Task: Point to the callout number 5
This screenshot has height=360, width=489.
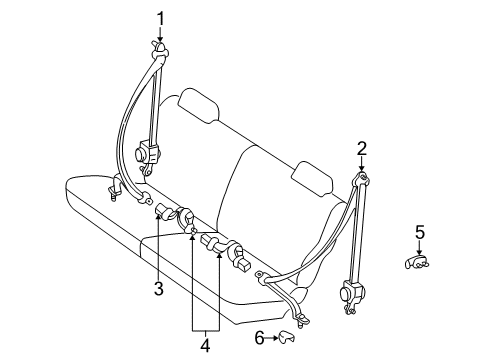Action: point(420,233)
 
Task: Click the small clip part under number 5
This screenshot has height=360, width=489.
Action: point(419,262)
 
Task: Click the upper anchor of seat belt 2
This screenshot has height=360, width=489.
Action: point(361,181)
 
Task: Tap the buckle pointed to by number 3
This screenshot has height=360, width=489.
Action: point(164,210)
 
